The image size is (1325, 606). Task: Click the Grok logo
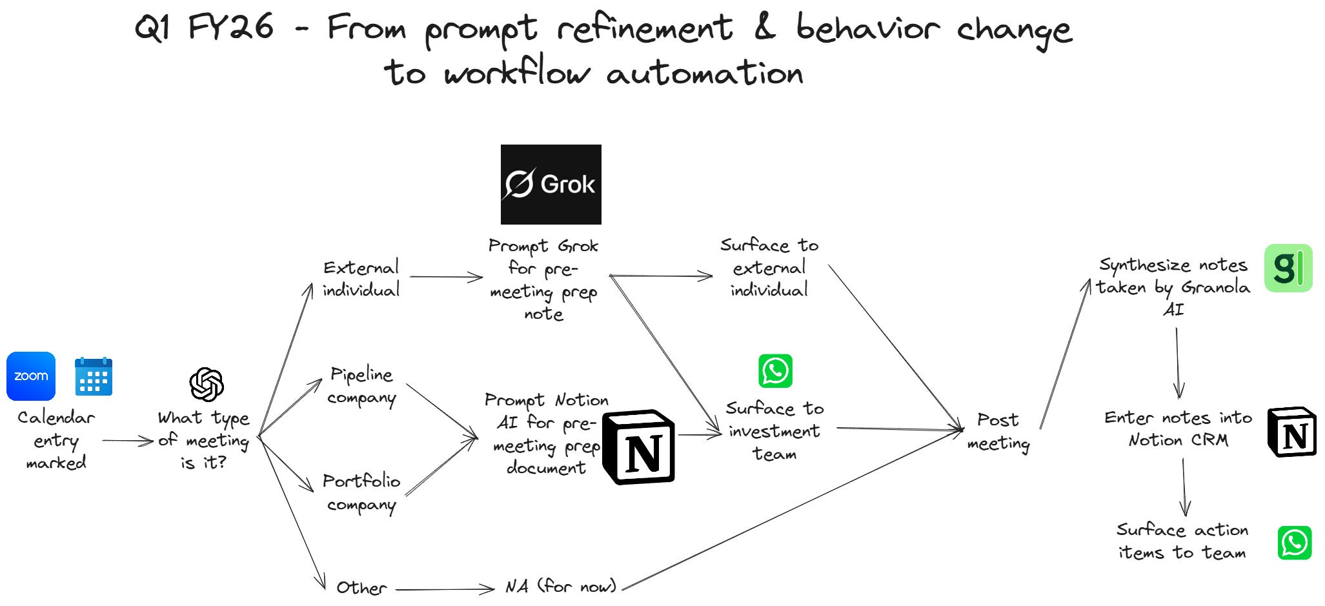point(551,185)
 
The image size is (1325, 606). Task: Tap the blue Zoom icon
point(31,376)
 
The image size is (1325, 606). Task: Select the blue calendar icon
point(94,376)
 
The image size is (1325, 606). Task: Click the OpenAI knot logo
point(207,385)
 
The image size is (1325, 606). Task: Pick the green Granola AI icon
point(1288,268)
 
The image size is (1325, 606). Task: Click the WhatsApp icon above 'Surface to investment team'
point(775,371)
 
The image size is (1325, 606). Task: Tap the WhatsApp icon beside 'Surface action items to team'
point(1294,543)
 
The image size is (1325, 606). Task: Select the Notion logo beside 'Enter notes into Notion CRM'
point(1292,432)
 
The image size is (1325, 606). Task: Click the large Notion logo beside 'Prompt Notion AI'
point(639,447)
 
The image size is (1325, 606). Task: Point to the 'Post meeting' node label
point(998,432)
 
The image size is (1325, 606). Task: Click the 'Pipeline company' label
point(361,386)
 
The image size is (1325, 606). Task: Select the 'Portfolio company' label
point(361,492)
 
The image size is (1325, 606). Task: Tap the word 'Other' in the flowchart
point(361,587)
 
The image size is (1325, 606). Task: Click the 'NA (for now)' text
point(560,586)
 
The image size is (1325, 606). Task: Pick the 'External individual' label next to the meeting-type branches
point(361,278)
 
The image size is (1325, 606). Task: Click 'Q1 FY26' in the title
point(204,28)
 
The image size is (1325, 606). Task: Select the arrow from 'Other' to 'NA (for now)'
point(445,589)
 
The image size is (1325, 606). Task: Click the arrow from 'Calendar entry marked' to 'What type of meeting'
point(128,441)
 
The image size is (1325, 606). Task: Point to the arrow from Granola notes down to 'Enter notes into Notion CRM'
point(1178,363)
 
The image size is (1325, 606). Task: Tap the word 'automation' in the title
point(705,73)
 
